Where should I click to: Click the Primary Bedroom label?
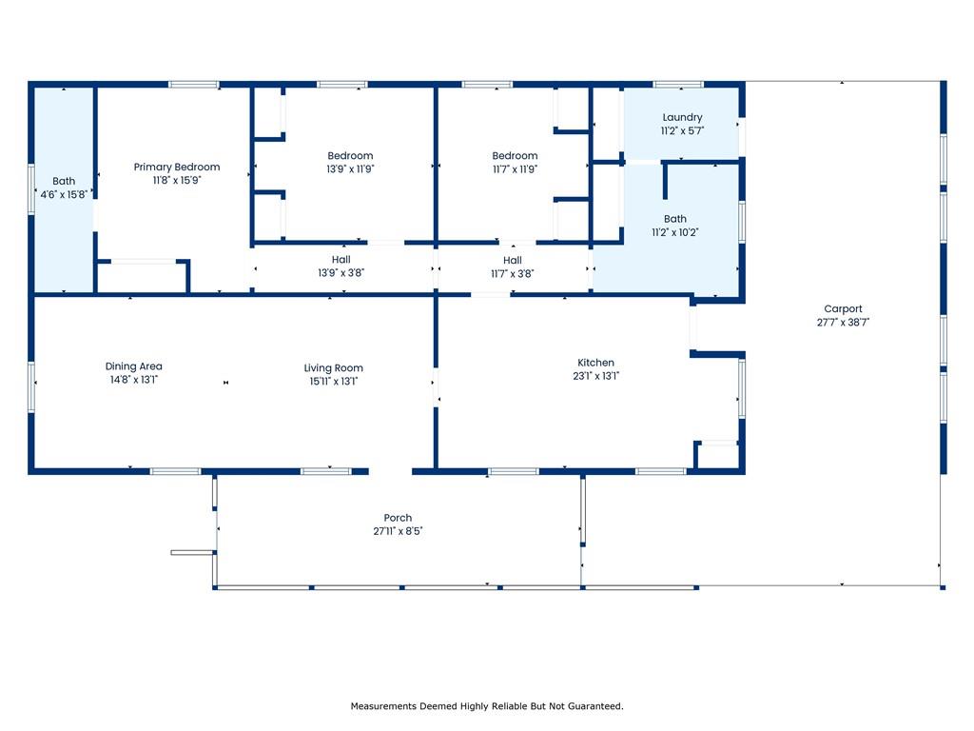[x=176, y=167]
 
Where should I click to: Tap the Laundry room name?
[x=682, y=117]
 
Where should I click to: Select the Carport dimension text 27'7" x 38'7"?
[x=843, y=322]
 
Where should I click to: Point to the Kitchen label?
[x=595, y=363]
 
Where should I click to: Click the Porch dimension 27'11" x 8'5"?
[x=398, y=531]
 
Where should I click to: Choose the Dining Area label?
[x=133, y=366]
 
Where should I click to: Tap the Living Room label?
[x=333, y=368]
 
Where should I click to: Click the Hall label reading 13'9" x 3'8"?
[x=341, y=272]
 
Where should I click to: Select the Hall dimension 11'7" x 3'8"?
[x=513, y=273]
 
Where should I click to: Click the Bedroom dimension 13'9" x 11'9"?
[x=350, y=168]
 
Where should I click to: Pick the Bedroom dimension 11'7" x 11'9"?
[x=515, y=168]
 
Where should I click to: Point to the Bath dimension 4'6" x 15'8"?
[x=64, y=194]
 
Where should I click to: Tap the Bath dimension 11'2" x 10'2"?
[x=675, y=232]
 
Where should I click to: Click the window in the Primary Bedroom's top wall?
[x=194, y=85]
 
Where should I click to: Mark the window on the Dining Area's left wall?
[x=31, y=387]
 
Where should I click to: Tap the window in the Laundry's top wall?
[x=678, y=85]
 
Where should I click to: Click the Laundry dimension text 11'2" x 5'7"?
[x=682, y=130]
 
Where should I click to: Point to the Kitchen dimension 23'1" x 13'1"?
[x=595, y=376]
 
